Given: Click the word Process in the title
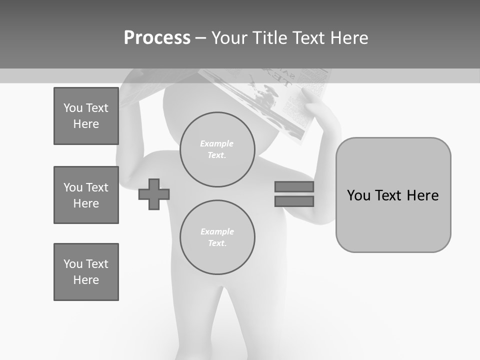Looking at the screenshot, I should (157, 38).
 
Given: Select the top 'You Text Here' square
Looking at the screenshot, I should (86, 116).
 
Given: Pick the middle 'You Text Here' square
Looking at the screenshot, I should (86, 195).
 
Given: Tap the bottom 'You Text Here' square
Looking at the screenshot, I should (86, 272).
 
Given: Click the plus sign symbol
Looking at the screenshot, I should (154, 194).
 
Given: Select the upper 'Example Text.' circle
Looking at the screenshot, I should (217, 149).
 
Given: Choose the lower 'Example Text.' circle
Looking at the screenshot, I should (217, 237).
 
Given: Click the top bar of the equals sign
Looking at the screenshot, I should (294, 186).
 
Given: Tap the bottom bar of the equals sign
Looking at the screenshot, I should (294, 201).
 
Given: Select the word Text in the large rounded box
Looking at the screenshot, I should (388, 195).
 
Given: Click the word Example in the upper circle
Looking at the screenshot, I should (217, 143).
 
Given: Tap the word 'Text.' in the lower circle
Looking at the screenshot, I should (217, 243).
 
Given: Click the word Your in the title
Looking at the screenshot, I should (231, 38).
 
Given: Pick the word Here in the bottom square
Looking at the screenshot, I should (86, 280).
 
